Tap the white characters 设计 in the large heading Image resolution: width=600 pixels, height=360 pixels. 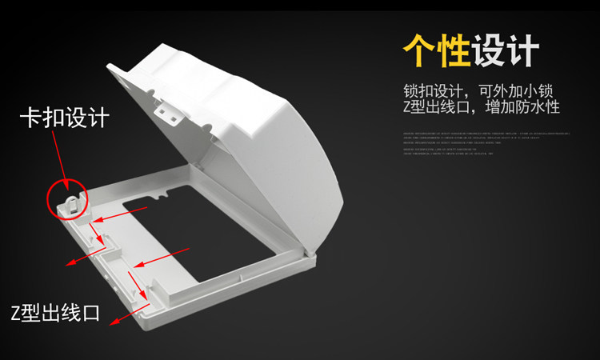click(505, 51)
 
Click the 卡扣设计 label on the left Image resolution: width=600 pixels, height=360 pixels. click(64, 118)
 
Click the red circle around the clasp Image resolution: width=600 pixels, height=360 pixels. click(69, 198)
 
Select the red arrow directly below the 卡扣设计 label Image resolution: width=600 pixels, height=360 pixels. click(60, 159)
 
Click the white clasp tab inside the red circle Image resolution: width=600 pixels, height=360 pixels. click(70, 199)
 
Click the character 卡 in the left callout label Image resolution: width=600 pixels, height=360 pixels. click(30, 118)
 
